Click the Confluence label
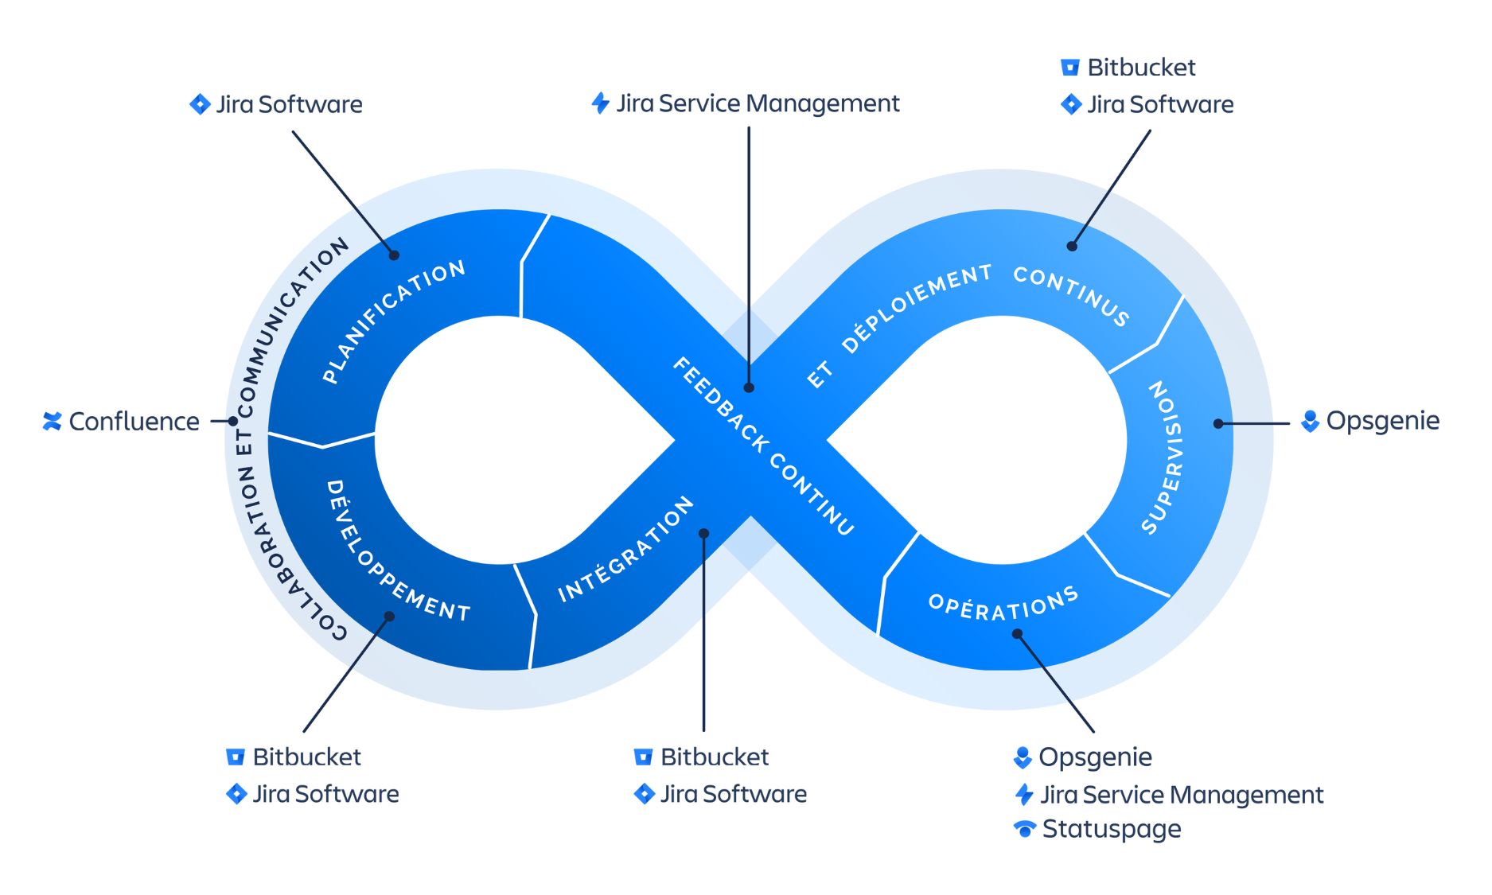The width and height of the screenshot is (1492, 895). tap(134, 421)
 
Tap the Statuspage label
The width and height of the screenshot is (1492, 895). tap(1111, 829)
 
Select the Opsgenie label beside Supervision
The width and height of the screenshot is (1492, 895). tap(1382, 420)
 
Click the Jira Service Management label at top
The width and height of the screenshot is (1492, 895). tap(758, 103)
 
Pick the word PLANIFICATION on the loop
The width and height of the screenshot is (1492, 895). tap(394, 321)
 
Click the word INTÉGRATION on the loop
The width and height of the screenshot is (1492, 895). tap(625, 550)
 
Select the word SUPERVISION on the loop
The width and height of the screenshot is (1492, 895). tap(1163, 457)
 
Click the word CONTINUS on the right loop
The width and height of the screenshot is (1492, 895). tap(1071, 295)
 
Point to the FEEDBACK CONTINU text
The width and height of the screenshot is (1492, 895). tap(763, 446)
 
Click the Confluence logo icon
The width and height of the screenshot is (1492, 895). tap(53, 421)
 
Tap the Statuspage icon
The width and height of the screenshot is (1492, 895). tap(1025, 829)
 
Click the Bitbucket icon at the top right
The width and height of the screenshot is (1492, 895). tap(1070, 68)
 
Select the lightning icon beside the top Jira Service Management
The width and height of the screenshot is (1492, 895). tap(601, 103)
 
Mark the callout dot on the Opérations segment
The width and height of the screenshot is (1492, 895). tap(1017, 634)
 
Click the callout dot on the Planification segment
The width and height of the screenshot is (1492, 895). tap(394, 255)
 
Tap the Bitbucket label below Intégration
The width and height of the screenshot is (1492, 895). tap(714, 757)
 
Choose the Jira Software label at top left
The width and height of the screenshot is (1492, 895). tap(289, 104)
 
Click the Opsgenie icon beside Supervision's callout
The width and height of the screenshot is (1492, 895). tap(1310, 421)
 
